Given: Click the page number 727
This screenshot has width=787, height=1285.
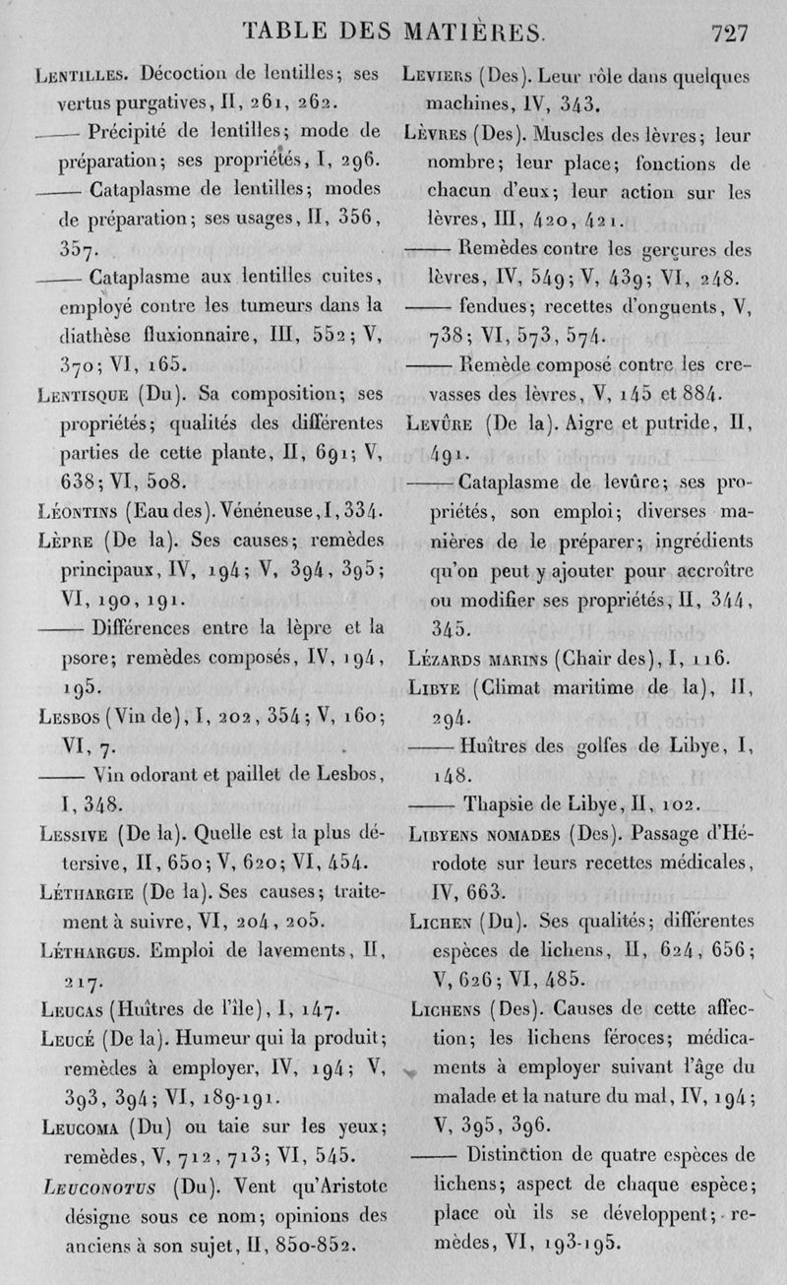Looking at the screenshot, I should point(729,32).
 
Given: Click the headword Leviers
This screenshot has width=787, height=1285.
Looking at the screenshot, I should point(439,76).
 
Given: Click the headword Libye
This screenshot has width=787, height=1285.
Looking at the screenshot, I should point(430,688).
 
